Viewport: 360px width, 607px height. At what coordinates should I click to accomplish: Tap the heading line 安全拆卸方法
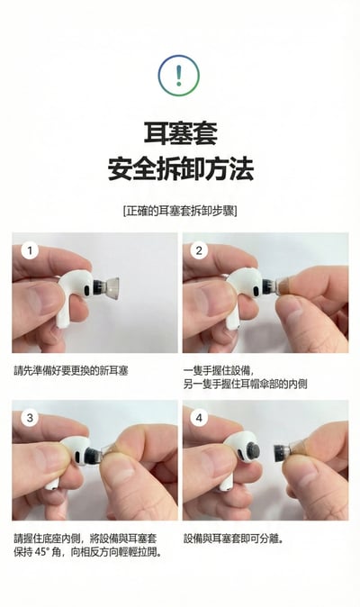[180, 168]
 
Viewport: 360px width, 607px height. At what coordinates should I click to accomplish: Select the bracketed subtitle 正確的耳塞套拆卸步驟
[180, 211]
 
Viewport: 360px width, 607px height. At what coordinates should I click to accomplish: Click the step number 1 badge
[30, 250]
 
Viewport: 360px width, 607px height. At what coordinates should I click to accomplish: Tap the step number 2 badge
[200, 250]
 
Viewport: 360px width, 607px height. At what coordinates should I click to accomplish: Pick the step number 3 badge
[30, 418]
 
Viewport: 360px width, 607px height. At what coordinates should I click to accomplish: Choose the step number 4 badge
[200, 418]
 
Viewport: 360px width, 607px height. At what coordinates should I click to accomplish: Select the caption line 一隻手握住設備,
[220, 369]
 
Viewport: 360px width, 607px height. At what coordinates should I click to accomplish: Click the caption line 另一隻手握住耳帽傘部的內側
[251, 384]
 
